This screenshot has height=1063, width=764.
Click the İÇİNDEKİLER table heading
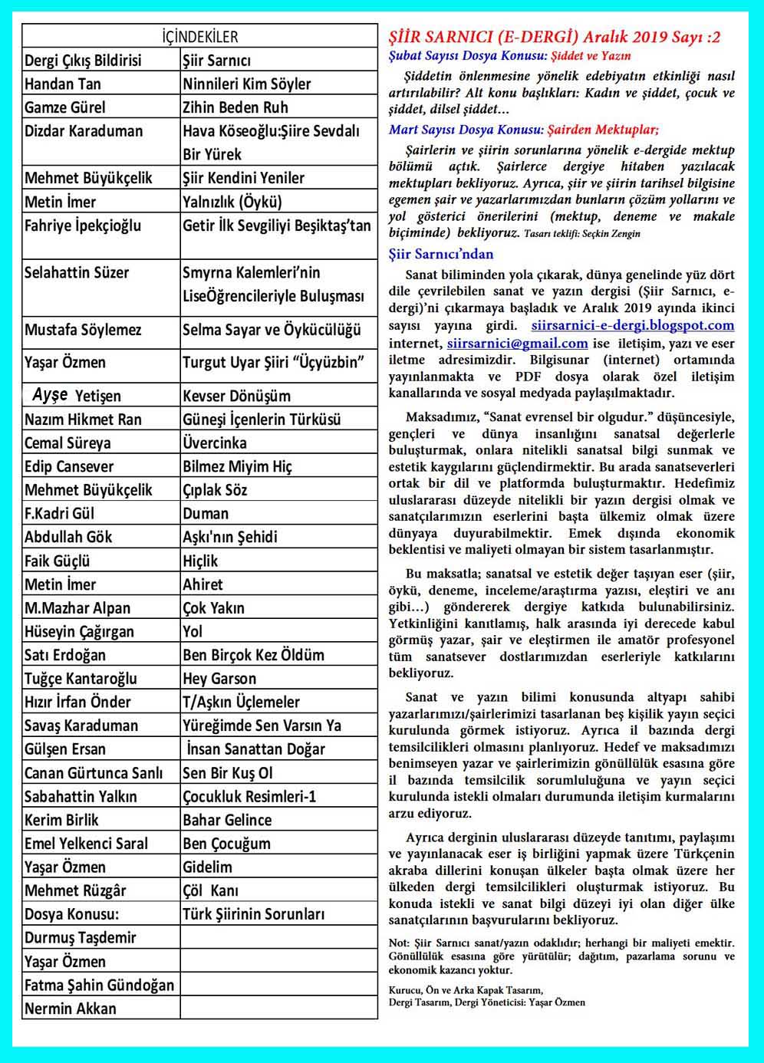tap(200, 37)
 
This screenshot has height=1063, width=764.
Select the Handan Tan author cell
tap(63, 84)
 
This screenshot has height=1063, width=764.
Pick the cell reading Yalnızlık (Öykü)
tap(232, 202)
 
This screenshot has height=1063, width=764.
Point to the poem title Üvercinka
tap(215, 443)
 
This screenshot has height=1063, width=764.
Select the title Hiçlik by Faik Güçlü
tap(200, 561)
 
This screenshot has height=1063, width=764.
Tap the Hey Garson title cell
tap(219, 679)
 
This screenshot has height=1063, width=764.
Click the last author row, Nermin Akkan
tap(71, 1009)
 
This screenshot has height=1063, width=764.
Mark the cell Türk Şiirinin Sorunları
tap(253, 914)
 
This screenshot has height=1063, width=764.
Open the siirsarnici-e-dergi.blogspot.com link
tap(633, 326)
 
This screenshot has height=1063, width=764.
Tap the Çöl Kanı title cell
tap(210, 890)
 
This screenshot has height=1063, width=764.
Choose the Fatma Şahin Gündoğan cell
tap(100, 986)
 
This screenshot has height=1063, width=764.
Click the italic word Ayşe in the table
tap(50, 395)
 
